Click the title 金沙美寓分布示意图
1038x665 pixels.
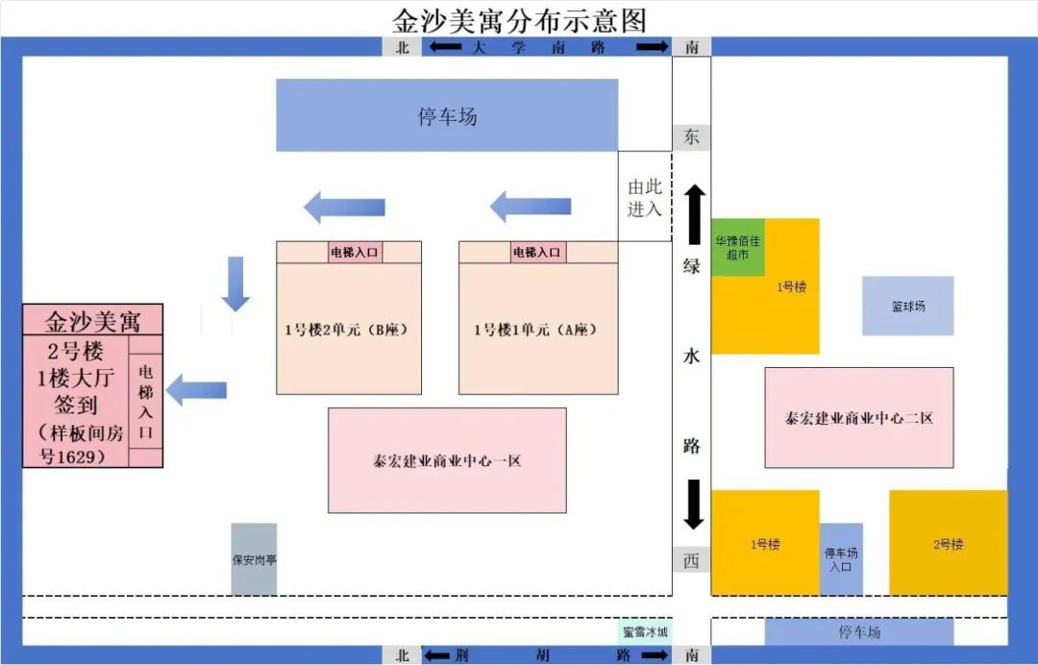pos(519,20)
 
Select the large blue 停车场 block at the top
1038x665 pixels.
pos(447,115)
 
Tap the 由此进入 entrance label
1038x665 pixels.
pos(645,198)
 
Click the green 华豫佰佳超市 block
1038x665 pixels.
pos(738,248)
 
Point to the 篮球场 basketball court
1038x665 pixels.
pos(907,306)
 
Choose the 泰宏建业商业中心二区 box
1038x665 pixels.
pos(859,417)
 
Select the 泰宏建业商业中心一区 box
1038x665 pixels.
pos(447,460)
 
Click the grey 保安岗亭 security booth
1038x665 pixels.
pos(254,559)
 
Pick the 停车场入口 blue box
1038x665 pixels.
pos(841,559)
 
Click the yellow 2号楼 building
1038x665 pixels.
pos(948,543)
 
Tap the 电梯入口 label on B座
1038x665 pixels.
pos(355,252)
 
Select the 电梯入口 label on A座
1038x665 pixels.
pos(537,252)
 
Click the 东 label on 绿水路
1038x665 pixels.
pos(692,137)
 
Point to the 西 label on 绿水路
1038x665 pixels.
pos(692,561)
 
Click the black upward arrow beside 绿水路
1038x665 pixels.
pos(695,214)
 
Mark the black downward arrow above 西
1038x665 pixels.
pos(694,505)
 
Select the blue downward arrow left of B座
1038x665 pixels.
pos(235,283)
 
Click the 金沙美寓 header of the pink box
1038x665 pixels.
pos(92,320)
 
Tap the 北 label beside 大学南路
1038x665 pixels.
pos(403,47)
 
